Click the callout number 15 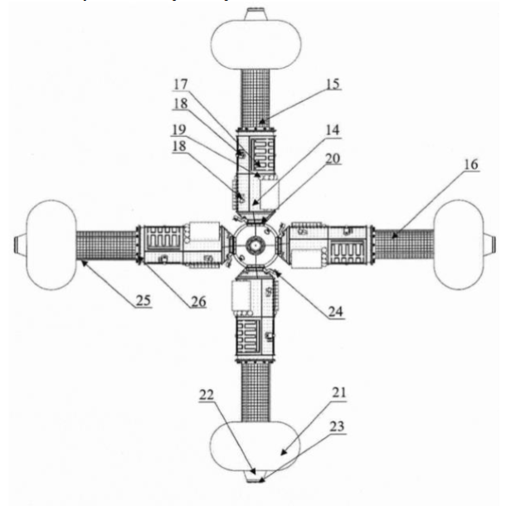[x=333, y=84]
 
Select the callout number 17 [x=181, y=85]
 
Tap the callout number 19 [x=179, y=129]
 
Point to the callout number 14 [x=333, y=130]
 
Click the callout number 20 [x=333, y=158]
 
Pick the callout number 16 [x=471, y=164]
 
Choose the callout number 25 [x=144, y=300]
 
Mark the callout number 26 [x=198, y=301]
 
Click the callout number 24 [x=336, y=312]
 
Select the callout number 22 [x=207, y=395]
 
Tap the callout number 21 [x=339, y=392]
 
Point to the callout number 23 [x=337, y=426]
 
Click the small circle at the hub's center [x=255, y=245]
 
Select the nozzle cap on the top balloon [x=256, y=14]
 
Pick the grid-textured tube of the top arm [x=255, y=99]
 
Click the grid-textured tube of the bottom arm [x=255, y=392]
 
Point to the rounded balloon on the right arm [x=459, y=245]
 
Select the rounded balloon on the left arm [x=51, y=245]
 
